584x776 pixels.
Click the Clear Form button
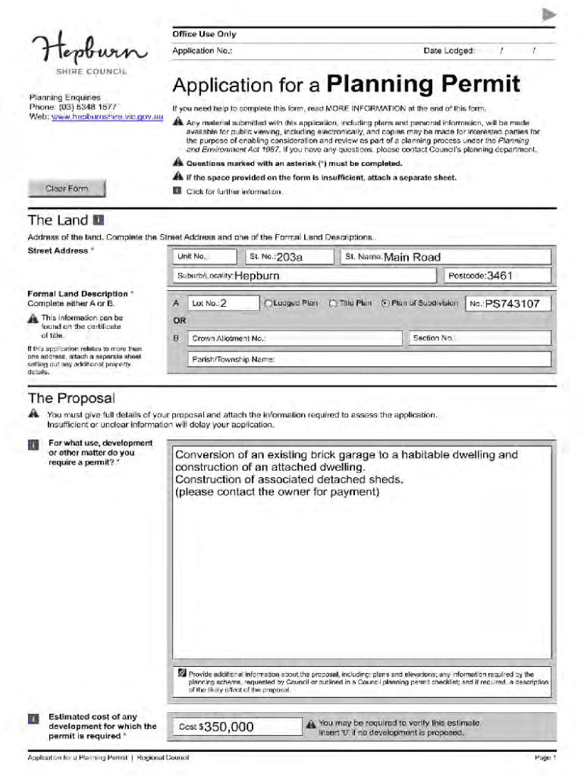(67, 189)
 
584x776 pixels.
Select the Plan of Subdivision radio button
(385, 303)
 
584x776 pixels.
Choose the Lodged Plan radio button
(267, 303)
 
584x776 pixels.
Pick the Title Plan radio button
(333, 303)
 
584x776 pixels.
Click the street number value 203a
(290, 257)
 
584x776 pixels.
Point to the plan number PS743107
(513, 304)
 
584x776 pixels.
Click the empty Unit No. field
(205, 257)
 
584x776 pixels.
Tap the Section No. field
(479, 338)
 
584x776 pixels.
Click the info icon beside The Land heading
(98, 221)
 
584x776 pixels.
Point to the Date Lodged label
(448, 51)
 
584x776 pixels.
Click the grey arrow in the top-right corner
(550, 14)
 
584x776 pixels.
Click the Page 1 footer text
(545, 758)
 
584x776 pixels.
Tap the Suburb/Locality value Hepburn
(257, 276)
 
